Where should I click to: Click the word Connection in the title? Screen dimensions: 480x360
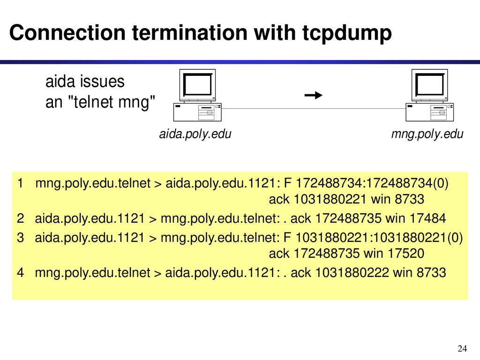point(67,32)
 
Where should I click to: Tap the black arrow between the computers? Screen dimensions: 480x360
point(314,95)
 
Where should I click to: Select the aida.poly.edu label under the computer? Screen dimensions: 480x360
point(195,134)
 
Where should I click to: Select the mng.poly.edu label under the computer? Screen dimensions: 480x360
point(427,134)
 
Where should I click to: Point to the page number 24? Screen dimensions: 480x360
point(462,348)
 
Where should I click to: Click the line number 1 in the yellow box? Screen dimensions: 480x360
point(20,183)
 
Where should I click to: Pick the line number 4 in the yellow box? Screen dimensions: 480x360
point(21,272)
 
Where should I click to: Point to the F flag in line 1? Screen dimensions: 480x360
point(287,183)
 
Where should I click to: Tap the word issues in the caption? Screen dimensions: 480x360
point(102,82)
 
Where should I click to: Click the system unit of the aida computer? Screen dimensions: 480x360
point(197,112)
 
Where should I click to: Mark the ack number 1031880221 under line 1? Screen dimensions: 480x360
point(330,199)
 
